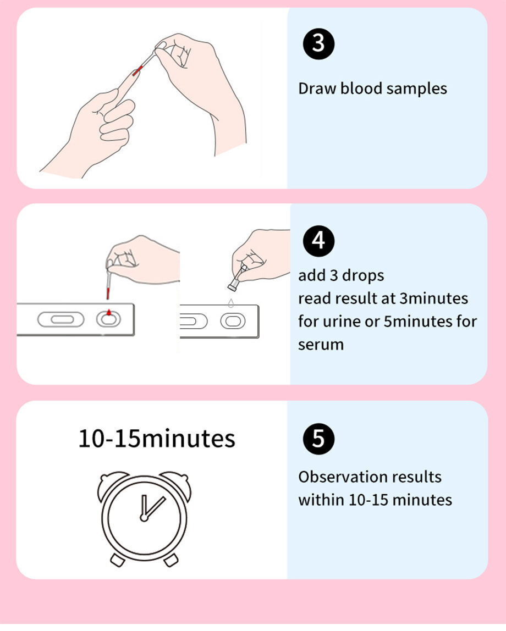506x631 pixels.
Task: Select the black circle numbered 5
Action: tap(318, 439)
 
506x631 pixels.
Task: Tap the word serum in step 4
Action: tap(321, 345)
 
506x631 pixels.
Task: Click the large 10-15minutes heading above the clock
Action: tap(157, 439)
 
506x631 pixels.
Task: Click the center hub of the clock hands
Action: tap(144, 517)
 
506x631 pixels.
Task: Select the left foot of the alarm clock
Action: tap(117, 560)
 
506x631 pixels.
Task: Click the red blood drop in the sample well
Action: tap(109, 313)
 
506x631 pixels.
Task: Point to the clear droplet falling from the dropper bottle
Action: tap(232, 302)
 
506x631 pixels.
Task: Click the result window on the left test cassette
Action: tap(61, 319)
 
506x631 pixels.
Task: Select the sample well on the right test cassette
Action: tap(232, 320)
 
